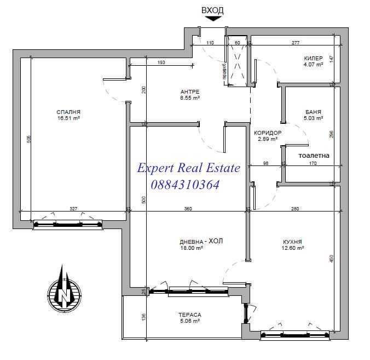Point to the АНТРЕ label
(190, 91)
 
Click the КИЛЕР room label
(313, 58)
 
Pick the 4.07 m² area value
(313, 64)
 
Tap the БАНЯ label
(314, 112)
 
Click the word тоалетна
(314, 156)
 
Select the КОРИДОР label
(268, 133)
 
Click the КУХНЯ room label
(293, 242)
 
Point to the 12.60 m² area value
(293, 248)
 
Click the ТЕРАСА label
(189, 315)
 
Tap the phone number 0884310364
(178, 185)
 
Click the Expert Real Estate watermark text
(188, 168)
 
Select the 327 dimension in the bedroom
(74, 208)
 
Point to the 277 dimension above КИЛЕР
(296, 42)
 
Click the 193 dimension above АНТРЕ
(161, 62)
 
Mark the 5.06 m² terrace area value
(189, 321)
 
